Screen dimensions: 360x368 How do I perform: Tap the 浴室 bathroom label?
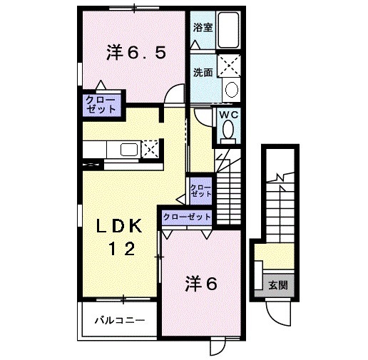[203, 28]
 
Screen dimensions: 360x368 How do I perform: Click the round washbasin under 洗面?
[230, 89]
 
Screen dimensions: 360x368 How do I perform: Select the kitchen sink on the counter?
[129, 150]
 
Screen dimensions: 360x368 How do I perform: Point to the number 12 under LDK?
[122, 249]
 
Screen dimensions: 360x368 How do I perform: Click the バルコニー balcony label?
[120, 320]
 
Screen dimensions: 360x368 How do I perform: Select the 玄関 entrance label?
[278, 285]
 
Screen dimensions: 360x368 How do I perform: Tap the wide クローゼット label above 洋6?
[188, 216]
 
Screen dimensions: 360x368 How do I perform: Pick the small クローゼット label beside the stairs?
[201, 190]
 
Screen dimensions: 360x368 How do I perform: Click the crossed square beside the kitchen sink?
[150, 150]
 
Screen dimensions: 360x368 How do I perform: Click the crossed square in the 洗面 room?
[230, 66]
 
